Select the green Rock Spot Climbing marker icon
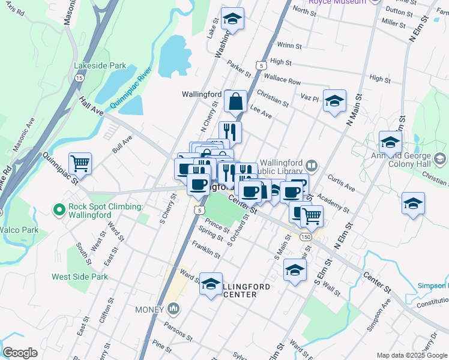pyautogui.click(x=59, y=209)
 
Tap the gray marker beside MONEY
pyautogui.click(x=174, y=309)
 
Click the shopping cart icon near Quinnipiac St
pyautogui.click(x=80, y=163)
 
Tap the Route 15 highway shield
pyautogui.click(x=79, y=77)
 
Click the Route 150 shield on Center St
pyautogui.click(x=306, y=238)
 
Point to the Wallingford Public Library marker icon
pyautogui.click(x=311, y=165)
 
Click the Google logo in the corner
pyautogui.click(x=20, y=353)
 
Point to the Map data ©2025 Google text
pyautogui.click(x=411, y=355)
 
